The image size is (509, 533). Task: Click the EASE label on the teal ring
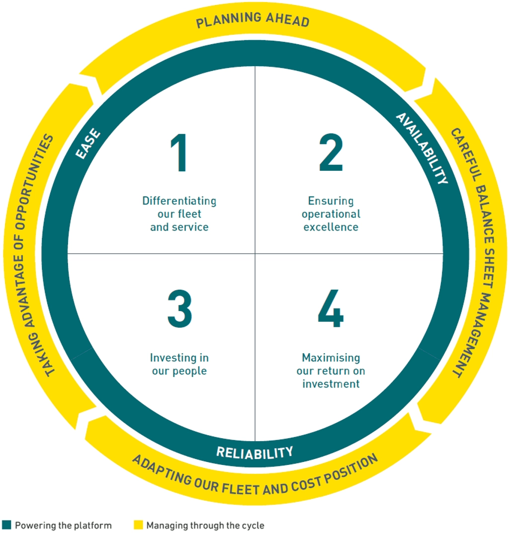coord(88,144)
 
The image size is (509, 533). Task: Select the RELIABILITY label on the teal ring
coord(254,452)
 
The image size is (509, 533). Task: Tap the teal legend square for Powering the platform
coord(6,525)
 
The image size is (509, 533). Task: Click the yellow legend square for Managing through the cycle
coord(138,525)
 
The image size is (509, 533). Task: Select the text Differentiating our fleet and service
coord(179,214)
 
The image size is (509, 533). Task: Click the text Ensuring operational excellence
coord(331,214)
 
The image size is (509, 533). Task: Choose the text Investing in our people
coord(179,364)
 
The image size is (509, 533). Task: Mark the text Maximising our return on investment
coord(331,371)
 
